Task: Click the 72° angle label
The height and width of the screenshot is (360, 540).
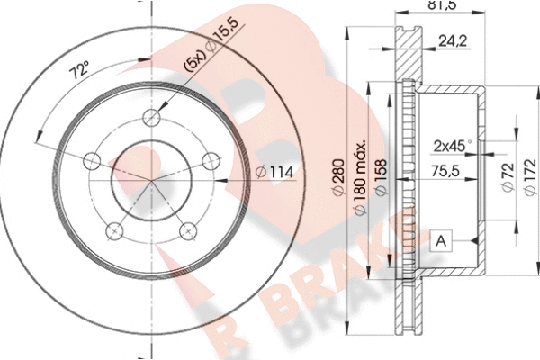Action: (79, 69)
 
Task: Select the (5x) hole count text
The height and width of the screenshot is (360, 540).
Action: (195, 62)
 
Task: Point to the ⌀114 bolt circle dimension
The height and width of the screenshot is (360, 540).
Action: (274, 172)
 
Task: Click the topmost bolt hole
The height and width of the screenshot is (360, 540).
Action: (151, 118)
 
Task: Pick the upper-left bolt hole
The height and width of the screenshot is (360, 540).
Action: (92, 161)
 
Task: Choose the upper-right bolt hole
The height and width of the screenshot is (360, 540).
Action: (211, 161)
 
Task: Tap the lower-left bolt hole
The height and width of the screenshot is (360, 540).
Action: (114, 230)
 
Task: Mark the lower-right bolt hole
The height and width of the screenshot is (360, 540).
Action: (188, 230)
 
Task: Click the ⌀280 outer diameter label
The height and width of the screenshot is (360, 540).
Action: (338, 177)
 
